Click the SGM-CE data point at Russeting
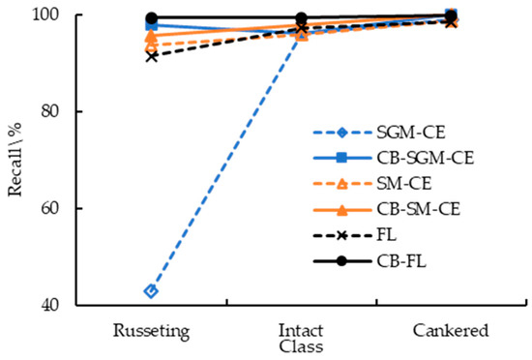click(x=151, y=290)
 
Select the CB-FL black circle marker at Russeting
click(x=151, y=17)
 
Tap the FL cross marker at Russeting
click(x=151, y=56)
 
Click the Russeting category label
click(x=151, y=330)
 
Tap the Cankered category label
click(x=452, y=330)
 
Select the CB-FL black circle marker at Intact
click(x=302, y=17)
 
